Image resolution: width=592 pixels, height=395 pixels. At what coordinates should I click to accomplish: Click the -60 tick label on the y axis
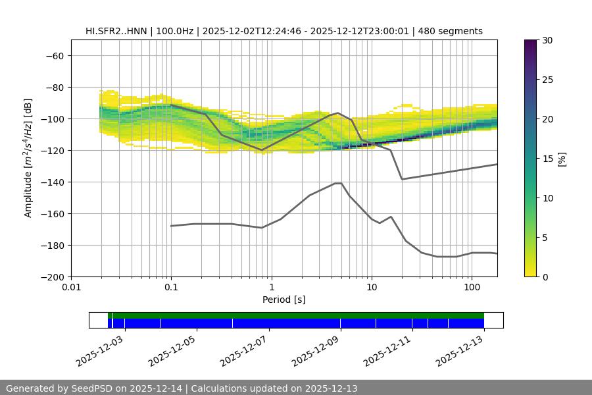(x=54, y=55)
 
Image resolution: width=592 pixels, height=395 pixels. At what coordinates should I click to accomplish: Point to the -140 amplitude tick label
(x=51, y=182)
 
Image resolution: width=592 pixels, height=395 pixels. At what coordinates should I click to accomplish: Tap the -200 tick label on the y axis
(x=51, y=276)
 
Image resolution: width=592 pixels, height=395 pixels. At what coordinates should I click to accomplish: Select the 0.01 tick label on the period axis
(x=71, y=288)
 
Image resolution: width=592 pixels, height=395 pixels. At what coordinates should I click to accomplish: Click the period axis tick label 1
(x=272, y=288)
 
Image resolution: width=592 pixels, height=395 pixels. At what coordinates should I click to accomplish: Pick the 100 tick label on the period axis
(x=472, y=288)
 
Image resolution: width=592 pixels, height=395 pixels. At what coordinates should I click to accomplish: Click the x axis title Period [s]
(x=284, y=300)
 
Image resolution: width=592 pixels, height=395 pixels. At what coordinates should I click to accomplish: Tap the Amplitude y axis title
(x=28, y=158)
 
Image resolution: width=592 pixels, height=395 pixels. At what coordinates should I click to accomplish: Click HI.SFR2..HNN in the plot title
(x=116, y=31)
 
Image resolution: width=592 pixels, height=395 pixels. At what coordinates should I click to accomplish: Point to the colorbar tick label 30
(x=547, y=40)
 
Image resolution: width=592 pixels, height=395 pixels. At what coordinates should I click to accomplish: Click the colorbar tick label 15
(x=547, y=159)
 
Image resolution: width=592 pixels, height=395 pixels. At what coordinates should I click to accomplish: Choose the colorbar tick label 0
(x=545, y=276)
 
